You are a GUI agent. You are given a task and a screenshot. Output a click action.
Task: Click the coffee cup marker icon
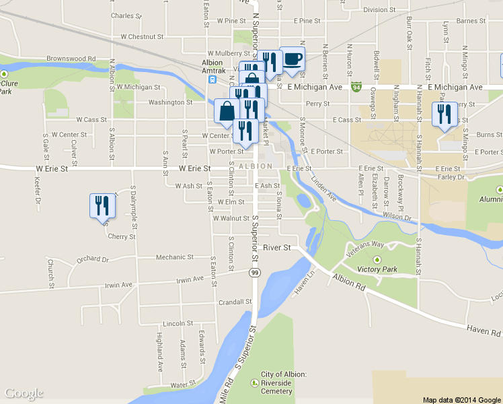292,59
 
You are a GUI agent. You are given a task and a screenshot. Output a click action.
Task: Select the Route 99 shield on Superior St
254,272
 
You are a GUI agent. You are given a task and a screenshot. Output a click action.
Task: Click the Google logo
24,394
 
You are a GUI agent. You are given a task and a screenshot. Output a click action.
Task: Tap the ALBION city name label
255,166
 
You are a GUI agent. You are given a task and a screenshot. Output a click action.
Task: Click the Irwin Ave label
190,279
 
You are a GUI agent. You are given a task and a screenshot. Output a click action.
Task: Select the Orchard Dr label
93,259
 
